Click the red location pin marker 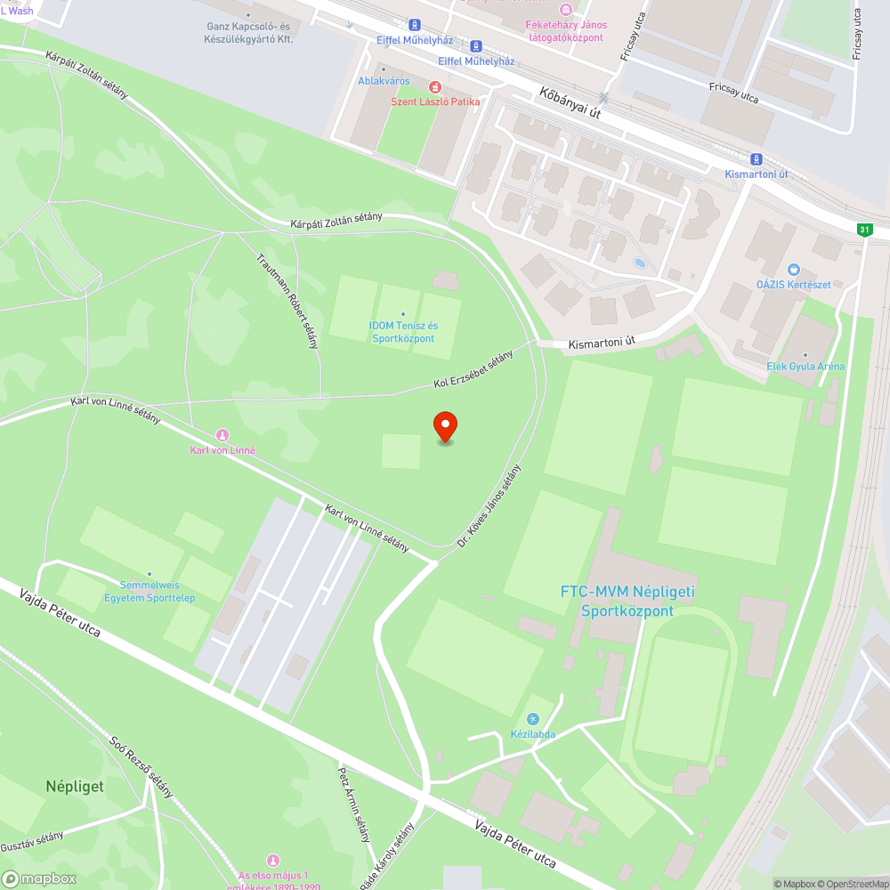(445, 427)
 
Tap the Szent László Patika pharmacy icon (435, 87)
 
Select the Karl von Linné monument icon (222, 435)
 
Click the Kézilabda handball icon (532, 719)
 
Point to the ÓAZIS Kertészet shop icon (794, 270)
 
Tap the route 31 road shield (865, 230)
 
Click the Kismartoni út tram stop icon (756, 159)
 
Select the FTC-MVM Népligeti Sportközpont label (627, 601)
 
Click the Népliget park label (75, 786)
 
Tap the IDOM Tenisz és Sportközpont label (403, 332)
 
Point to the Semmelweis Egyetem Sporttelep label (158, 591)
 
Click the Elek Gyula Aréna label (805, 367)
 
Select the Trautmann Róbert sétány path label (287, 300)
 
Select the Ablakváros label (384, 81)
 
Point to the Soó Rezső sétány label (140, 766)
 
